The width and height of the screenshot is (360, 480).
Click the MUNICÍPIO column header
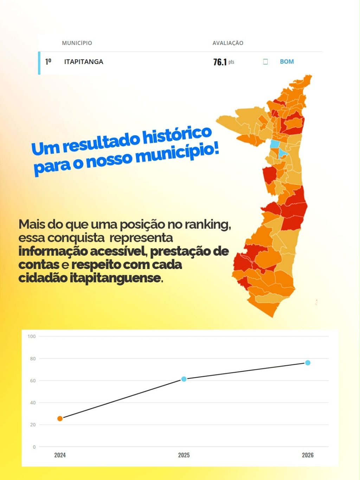[77, 43]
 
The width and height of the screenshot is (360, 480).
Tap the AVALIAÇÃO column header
[228, 43]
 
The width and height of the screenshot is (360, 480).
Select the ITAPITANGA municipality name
[84, 62]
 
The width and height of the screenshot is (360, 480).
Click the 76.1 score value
[220, 62]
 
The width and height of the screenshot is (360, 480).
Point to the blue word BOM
[287, 62]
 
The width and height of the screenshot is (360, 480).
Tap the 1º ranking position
[48, 62]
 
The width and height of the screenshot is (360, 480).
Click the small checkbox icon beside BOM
[265, 62]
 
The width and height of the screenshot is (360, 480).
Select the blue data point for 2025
[184, 379]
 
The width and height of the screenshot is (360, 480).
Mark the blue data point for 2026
[308, 363]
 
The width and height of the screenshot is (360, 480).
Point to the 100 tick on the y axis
[32, 337]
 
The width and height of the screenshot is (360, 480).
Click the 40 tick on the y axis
[33, 403]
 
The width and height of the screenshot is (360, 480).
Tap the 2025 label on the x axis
[184, 455]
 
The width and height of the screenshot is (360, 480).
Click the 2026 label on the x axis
[308, 455]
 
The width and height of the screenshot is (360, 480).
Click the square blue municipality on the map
[275, 144]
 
